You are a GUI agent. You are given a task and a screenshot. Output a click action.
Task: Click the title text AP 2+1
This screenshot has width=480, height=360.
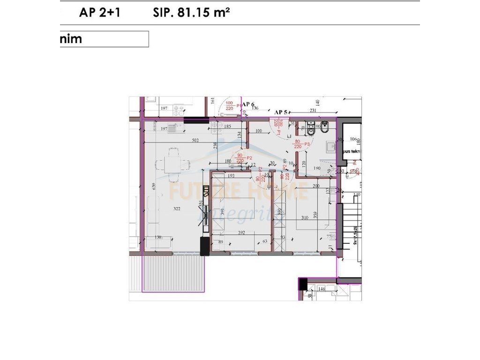100,13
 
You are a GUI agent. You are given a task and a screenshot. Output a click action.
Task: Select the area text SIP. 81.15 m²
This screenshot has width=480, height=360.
191,13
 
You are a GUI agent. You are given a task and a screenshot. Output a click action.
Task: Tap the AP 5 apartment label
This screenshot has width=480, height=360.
281,112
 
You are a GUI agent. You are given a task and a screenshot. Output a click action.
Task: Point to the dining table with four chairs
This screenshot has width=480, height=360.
172,165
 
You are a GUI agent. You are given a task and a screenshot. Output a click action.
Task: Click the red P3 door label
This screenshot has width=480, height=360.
308,143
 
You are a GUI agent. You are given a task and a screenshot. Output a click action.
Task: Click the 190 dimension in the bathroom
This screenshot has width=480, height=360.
317,168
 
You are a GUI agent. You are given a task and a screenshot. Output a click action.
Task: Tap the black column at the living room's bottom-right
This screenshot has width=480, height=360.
204,246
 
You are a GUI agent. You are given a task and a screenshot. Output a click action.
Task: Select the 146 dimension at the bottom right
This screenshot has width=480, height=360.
322,290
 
